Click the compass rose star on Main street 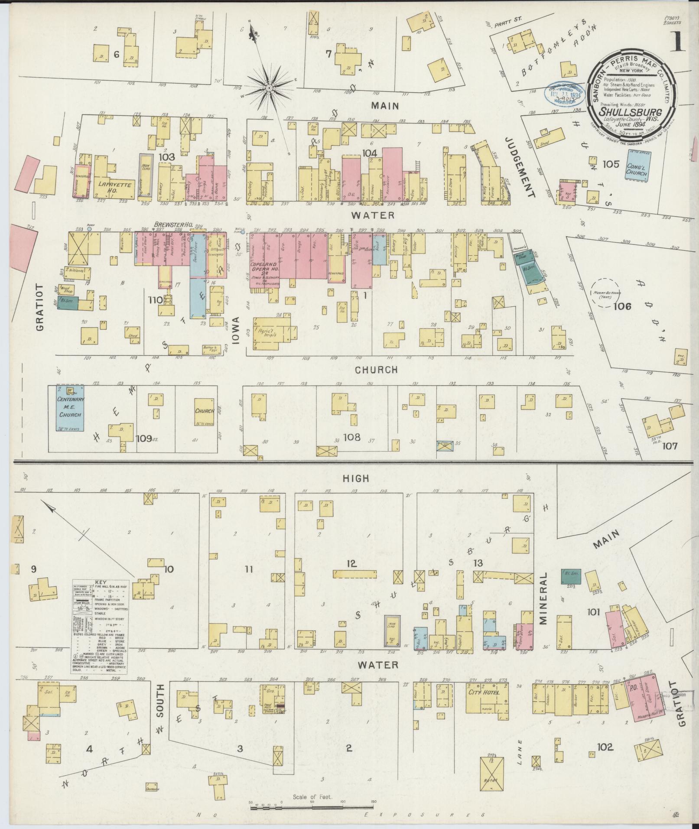pyautogui.click(x=269, y=88)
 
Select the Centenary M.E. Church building pyautogui.click(x=71, y=408)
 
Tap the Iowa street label pyautogui.click(x=236, y=332)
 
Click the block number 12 pyautogui.click(x=351, y=563)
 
